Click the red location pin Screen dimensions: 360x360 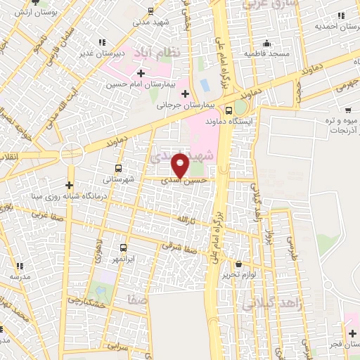coord(181,165)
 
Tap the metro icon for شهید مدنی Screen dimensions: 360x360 coord(150,11)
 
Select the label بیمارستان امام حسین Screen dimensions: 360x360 coord(141,84)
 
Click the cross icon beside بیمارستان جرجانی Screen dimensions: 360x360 coord(184,94)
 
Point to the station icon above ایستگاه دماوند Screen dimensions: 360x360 coord(229,110)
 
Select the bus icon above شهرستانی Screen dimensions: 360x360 coord(117,169)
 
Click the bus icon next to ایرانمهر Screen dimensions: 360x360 coord(123,247)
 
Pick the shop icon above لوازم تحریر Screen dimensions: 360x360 coord(240,263)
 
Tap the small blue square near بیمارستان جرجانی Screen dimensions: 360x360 coord(205,84)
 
